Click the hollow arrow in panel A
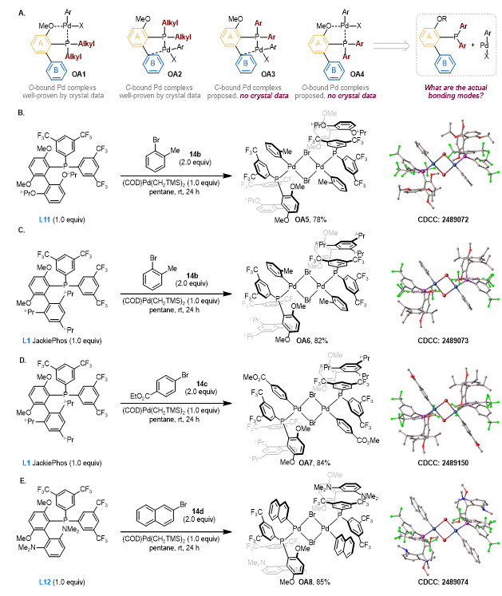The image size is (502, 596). (x=383, y=48)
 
